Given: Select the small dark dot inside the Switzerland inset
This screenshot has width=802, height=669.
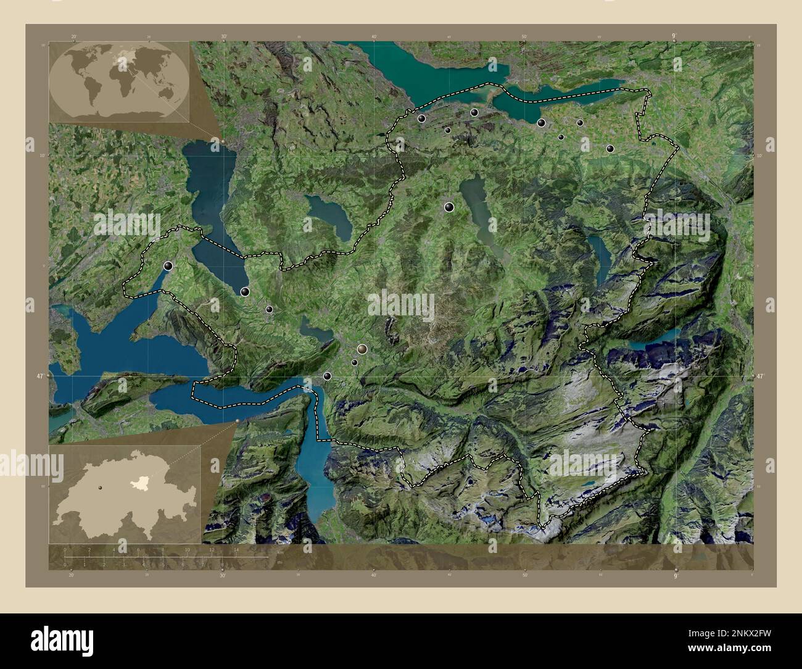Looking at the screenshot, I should pos(99,488).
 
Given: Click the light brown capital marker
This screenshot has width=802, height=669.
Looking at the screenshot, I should pos(362,349).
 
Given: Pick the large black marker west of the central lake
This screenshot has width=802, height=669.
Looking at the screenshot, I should pos(450,207).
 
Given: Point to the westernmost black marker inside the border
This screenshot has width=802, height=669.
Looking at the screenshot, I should pos(168,266).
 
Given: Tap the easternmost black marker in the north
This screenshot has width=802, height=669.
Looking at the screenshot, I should pos(610,149).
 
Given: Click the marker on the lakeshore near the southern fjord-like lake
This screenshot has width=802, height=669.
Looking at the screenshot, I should pos(327,376).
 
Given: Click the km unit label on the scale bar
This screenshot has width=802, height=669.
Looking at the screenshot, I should pos(280,552).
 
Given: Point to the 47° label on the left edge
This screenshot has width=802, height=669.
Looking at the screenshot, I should pos(39,376).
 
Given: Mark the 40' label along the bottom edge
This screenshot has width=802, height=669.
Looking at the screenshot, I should pos(374,575).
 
